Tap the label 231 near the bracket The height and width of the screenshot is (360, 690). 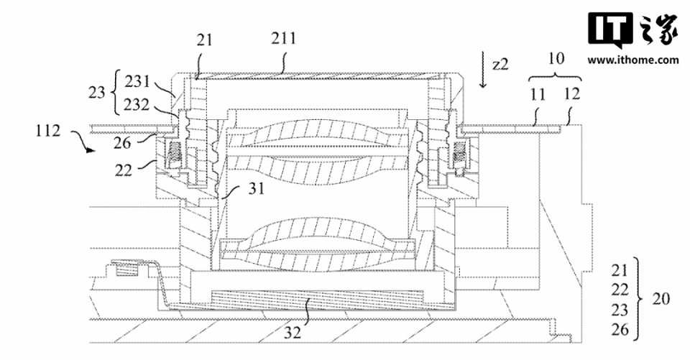tap(137, 81)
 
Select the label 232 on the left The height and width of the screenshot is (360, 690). tap(137, 104)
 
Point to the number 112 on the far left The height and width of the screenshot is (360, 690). tap(48, 131)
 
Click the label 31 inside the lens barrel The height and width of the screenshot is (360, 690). tap(256, 188)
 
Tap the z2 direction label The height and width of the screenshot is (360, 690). tap(500, 65)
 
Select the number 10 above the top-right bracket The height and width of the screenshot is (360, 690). tap(556, 57)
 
